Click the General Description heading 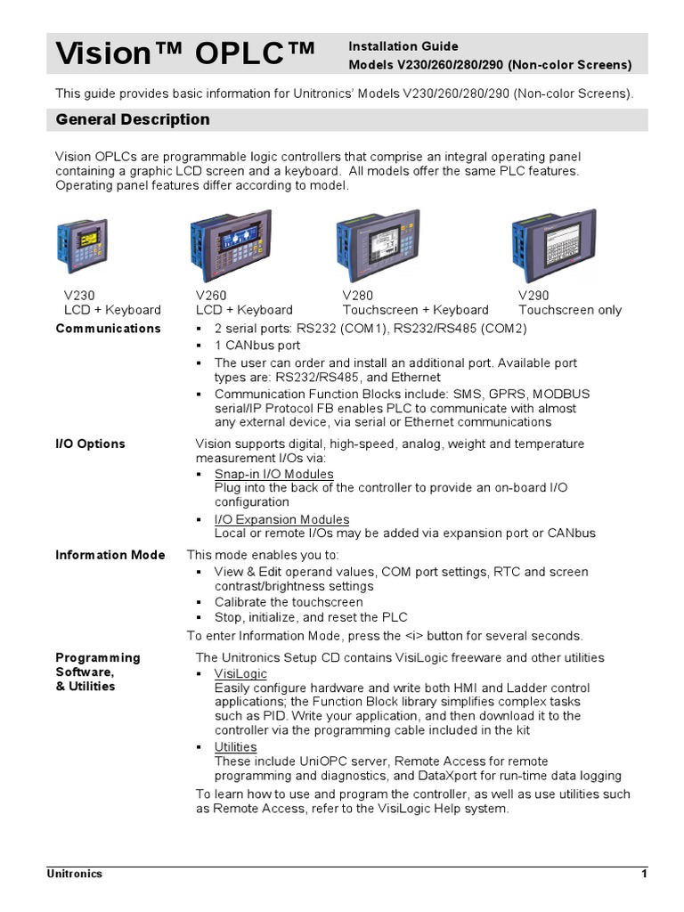[133, 119]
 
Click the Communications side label [108, 328]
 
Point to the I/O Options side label [90, 444]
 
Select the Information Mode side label [110, 555]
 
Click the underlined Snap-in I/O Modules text [274, 474]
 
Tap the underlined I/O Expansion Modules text [281, 519]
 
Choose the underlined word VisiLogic [240, 674]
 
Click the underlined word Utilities [235, 747]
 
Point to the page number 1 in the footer [643, 874]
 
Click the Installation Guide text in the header [403, 46]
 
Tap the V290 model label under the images [533, 295]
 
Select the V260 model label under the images [212, 295]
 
